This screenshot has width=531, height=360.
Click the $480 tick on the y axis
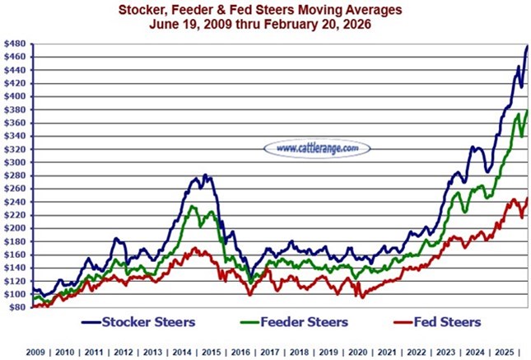16,43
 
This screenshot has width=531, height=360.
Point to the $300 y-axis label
16,161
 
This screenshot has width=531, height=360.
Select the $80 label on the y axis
16,306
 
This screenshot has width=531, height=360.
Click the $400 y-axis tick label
16,96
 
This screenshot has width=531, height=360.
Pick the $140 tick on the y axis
16,267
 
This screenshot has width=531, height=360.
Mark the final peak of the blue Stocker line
526,46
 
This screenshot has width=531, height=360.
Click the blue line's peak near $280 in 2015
205,175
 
